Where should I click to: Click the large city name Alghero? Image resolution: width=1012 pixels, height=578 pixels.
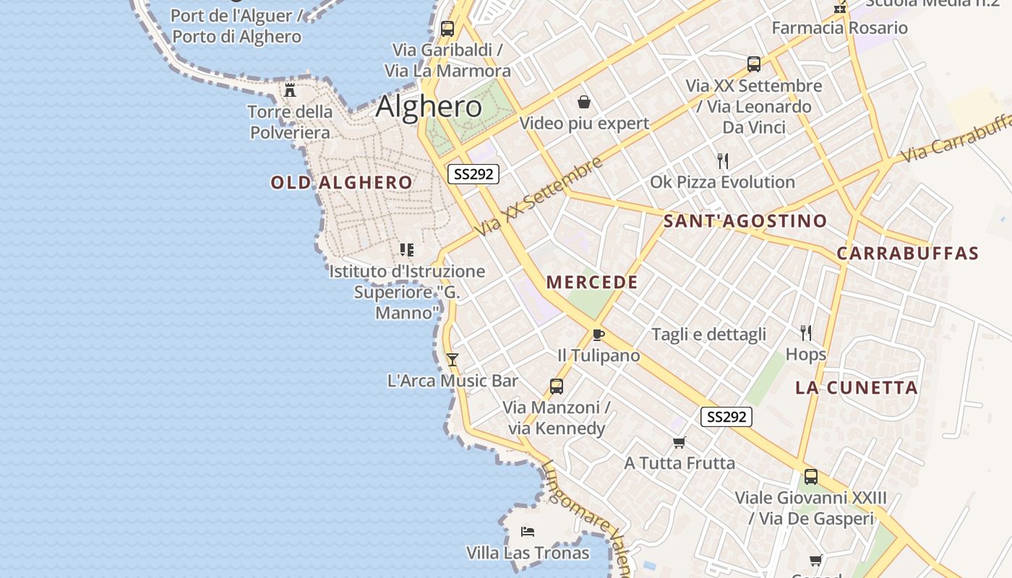click(429, 107)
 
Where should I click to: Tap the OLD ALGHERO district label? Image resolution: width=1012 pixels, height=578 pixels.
click(341, 183)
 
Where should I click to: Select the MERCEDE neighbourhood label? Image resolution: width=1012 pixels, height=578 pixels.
click(592, 282)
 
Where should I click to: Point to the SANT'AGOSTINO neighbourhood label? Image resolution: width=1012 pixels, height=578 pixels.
click(745, 221)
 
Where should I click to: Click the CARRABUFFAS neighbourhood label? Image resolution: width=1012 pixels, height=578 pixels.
click(907, 254)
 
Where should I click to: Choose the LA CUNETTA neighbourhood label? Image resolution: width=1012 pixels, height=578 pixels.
click(857, 388)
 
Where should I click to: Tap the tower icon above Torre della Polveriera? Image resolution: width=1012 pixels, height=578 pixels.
click(291, 90)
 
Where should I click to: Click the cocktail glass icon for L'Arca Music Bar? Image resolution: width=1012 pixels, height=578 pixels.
click(453, 359)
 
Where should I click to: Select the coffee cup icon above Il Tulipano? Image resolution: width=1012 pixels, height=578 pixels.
click(598, 335)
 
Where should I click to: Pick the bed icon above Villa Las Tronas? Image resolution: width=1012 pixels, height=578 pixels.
click(528, 532)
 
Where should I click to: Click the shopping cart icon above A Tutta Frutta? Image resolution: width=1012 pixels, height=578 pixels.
click(679, 442)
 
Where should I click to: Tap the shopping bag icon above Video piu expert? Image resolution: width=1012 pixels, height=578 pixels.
click(584, 102)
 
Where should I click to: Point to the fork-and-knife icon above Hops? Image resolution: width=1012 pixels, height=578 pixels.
click(806, 333)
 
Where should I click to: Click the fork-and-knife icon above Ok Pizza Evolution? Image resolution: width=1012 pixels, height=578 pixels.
click(722, 160)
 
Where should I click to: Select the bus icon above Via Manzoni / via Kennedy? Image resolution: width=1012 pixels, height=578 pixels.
click(556, 387)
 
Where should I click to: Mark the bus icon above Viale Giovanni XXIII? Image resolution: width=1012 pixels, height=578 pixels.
click(811, 477)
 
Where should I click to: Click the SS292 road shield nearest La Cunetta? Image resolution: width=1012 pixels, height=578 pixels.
click(726, 417)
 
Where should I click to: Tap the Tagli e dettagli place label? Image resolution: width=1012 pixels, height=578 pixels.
click(708, 335)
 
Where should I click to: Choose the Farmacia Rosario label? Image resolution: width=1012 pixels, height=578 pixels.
click(839, 28)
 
